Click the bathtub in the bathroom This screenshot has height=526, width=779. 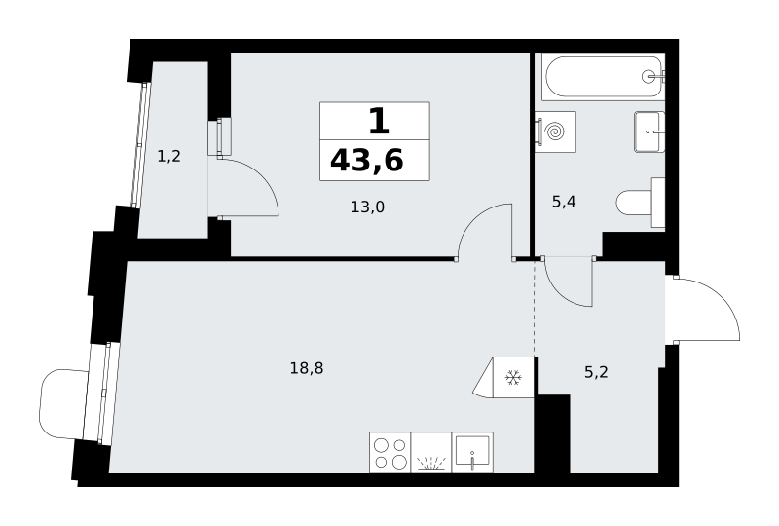(x=604, y=77)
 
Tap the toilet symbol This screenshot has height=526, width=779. (x=641, y=203)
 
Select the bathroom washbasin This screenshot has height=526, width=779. (x=649, y=131)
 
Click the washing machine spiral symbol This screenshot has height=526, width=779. (x=555, y=131)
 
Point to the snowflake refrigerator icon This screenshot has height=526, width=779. (x=513, y=378)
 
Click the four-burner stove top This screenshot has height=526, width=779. (x=390, y=452)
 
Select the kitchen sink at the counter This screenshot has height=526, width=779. (x=472, y=452)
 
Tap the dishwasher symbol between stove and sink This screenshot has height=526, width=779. (x=431, y=452)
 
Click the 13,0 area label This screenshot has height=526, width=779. (x=368, y=207)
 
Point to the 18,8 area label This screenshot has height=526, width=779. (x=307, y=368)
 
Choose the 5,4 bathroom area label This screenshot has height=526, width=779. (x=564, y=202)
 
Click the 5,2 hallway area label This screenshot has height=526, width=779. (x=596, y=372)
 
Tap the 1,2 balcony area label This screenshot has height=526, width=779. (x=168, y=157)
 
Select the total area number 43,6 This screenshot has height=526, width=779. (x=367, y=161)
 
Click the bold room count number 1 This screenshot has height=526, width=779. (x=379, y=122)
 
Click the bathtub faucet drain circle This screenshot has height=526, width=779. (x=649, y=76)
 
